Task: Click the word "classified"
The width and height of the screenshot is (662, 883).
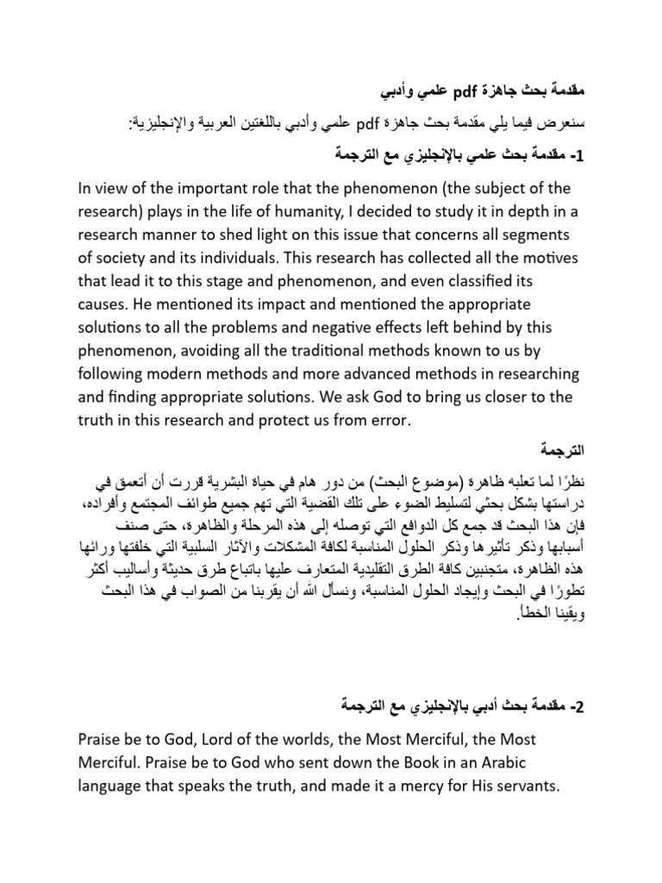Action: click(x=490, y=282)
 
